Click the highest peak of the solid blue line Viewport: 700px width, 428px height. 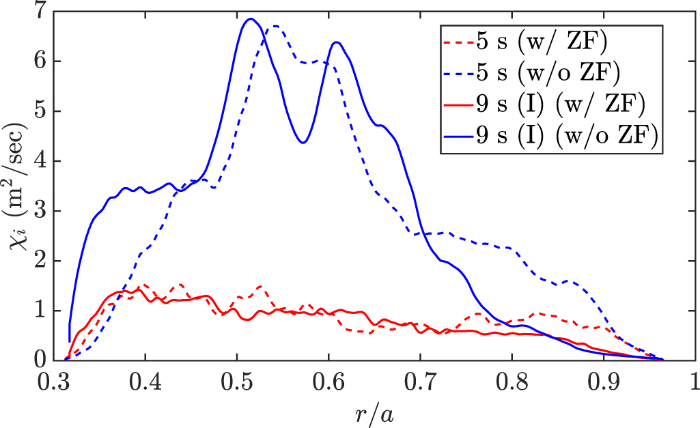coord(251,18)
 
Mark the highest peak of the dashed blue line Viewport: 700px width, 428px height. coord(275,26)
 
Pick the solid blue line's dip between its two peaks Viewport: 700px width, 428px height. coord(303,142)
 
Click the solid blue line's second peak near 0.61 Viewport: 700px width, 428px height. coord(337,42)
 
